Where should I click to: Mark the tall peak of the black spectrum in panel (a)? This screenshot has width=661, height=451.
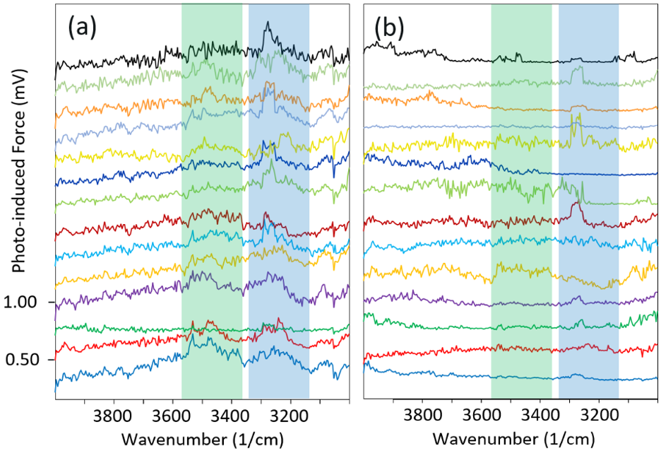tap(267, 23)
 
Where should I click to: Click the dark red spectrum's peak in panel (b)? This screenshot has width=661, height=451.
tap(577, 204)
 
